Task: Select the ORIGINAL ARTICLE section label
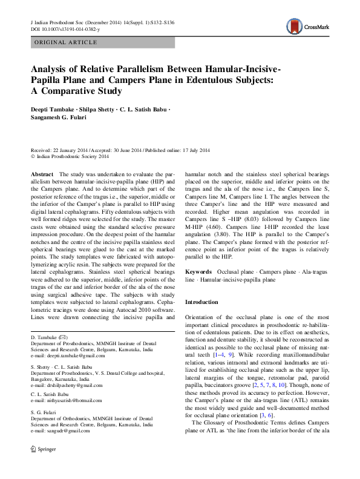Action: coord(65,42)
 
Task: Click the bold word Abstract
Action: coord(41,174)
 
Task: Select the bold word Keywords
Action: coord(198,273)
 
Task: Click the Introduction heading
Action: coord(201,302)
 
